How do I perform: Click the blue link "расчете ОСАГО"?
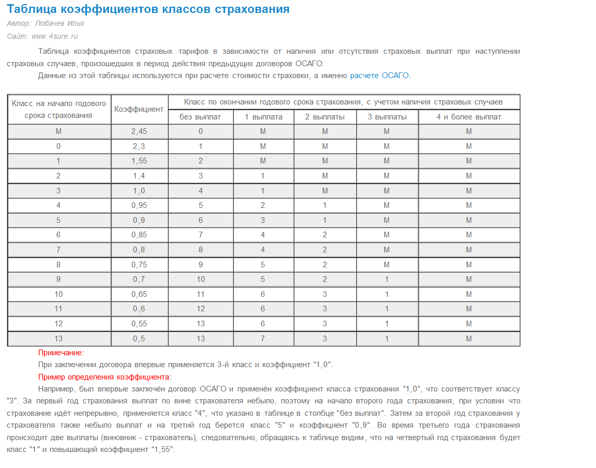click(x=379, y=76)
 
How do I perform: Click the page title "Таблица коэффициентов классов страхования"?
click(x=148, y=9)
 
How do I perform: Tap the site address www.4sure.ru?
click(x=54, y=36)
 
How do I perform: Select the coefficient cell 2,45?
click(x=139, y=131)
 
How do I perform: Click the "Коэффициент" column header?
click(x=139, y=109)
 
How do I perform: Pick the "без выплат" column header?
click(x=200, y=117)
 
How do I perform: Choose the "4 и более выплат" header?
click(x=469, y=117)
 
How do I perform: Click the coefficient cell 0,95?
click(x=139, y=205)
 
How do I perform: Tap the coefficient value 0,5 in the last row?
click(x=139, y=339)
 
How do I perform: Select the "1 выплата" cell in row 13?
click(x=263, y=339)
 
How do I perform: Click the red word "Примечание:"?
click(x=61, y=353)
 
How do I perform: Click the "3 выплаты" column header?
click(x=387, y=117)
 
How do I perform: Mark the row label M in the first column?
click(x=58, y=131)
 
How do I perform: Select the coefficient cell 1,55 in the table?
click(x=139, y=161)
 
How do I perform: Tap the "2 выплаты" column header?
click(x=325, y=117)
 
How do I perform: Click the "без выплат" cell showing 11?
click(x=200, y=294)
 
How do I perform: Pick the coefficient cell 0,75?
click(x=139, y=265)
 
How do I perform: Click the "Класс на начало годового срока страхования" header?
click(x=58, y=109)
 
